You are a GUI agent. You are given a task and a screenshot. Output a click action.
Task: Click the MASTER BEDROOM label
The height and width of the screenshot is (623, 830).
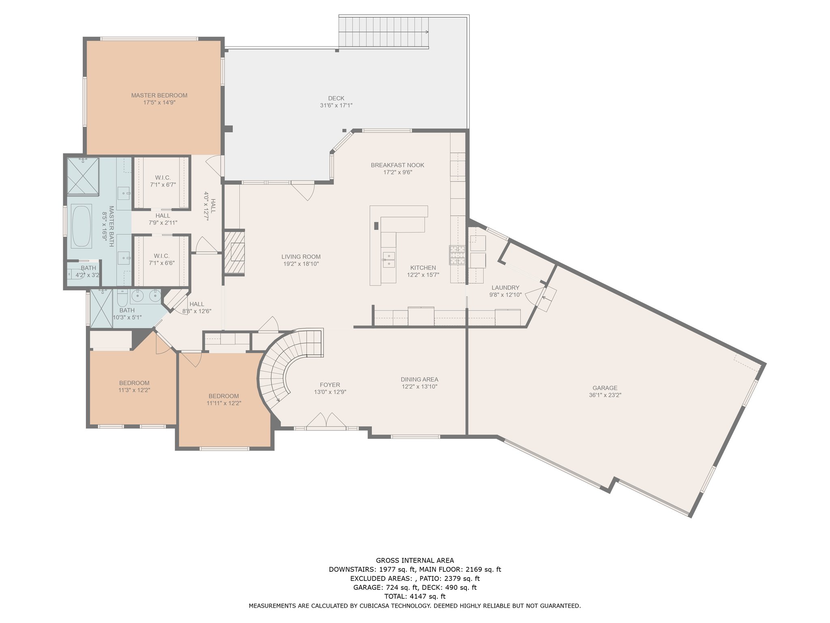coord(159,95)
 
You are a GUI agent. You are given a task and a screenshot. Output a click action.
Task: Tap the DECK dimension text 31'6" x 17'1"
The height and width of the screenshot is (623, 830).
coord(336,105)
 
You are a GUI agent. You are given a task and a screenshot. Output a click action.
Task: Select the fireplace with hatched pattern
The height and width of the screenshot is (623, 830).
coord(235,252)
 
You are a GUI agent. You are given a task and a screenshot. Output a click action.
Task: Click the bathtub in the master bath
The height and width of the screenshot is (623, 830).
coord(81,226)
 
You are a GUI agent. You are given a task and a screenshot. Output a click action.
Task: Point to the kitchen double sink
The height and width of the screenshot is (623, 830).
coord(389,260)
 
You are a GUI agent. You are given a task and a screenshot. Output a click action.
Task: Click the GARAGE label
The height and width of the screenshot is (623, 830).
coord(605,388)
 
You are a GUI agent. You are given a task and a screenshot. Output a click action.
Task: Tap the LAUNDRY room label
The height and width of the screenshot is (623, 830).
coord(505,288)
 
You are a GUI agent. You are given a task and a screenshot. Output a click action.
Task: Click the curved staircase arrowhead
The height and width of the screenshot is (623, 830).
coord(278,400)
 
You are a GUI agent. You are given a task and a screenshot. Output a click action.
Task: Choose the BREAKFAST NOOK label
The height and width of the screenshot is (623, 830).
coord(398,165)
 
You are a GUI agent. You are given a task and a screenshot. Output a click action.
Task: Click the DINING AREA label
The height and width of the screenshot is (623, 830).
coord(419,380)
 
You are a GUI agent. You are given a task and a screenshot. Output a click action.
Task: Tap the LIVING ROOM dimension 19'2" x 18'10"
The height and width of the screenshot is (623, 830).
coord(301,264)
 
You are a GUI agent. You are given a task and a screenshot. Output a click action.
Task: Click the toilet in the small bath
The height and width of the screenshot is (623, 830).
coord(74,275)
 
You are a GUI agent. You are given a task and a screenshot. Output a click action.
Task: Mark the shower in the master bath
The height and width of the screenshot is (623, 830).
coord(83,176)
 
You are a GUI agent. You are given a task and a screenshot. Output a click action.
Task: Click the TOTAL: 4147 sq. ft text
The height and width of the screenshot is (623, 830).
coord(415,596)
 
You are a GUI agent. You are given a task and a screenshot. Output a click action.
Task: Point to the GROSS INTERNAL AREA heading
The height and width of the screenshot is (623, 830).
coord(415,561)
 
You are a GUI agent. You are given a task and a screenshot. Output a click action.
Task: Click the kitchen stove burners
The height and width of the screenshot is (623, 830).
coord(457,255)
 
